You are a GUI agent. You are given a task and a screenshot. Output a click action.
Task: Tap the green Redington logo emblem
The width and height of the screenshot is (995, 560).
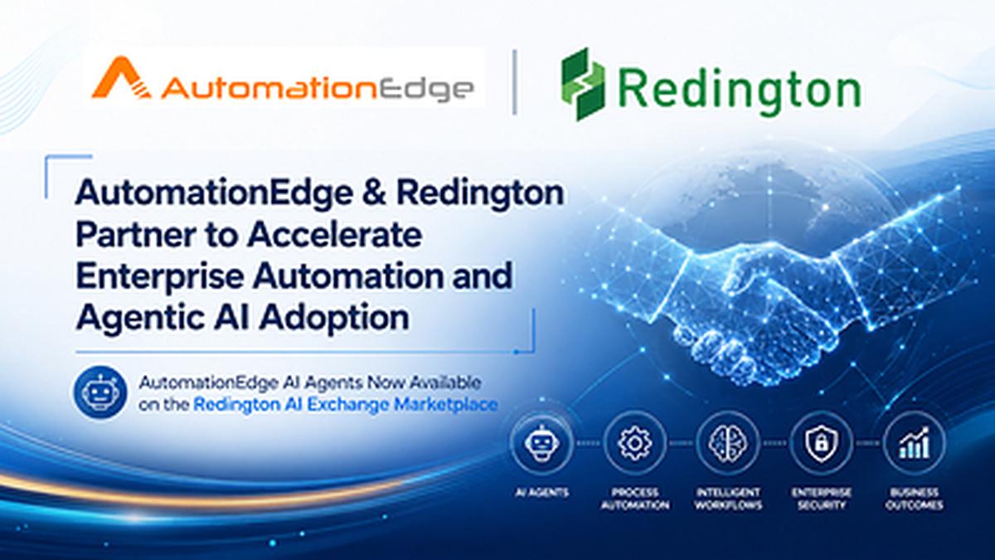click(583, 85)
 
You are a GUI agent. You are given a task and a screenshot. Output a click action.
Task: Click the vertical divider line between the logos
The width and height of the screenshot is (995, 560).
click(514, 82)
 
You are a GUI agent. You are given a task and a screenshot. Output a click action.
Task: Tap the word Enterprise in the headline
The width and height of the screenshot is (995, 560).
click(159, 276)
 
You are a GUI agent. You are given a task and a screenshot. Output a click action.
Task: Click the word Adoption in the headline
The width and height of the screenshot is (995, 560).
click(334, 319)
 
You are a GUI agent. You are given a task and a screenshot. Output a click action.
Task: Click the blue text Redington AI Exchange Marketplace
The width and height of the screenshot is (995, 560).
click(346, 405)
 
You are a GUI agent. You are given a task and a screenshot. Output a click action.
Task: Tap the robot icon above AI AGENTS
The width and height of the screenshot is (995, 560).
click(542, 443)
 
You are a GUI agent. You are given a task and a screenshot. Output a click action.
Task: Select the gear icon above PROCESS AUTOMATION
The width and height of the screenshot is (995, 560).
click(635, 443)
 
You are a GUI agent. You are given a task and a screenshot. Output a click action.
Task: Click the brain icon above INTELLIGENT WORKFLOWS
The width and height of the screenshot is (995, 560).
click(728, 443)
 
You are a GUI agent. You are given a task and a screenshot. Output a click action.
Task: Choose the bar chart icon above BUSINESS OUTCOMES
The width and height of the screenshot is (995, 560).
click(914, 443)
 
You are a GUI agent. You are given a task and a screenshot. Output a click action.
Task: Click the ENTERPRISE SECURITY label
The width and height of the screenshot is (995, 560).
click(822, 499)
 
